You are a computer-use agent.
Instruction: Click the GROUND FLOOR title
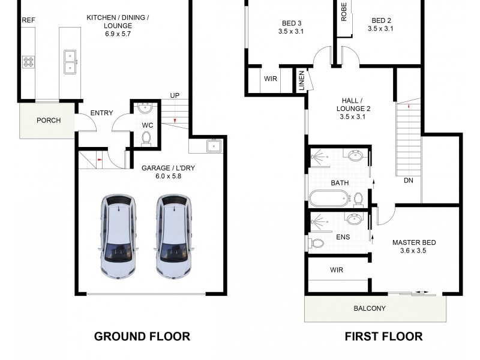[x=142, y=337]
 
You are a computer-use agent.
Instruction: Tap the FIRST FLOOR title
[x=383, y=337]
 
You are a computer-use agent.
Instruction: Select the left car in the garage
[x=118, y=236]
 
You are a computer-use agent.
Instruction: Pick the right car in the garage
[x=174, y=236]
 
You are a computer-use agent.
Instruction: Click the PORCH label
[x=49, y=121]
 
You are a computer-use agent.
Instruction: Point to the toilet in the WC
[x=146, y=139]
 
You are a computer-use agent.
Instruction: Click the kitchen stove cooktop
[x=28, y=62]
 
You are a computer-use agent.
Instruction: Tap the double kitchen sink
[x=70, y=62]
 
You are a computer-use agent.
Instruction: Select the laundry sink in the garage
[x=214, y=145]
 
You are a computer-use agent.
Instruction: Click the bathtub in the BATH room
[x=329, y=198]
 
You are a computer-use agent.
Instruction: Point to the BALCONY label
[x=370, y=308]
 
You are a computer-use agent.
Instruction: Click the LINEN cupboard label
[x=302, y=80]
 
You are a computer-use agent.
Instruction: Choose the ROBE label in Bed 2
[x=344, y=11]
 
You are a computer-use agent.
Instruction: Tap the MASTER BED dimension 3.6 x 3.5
[x=413, y=251]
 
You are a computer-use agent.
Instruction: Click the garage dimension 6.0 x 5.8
[x=168, y=176]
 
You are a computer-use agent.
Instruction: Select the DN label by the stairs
[x=409, y=181]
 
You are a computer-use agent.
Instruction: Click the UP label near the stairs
[x=175, y=95]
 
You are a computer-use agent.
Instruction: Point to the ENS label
[x=343, y=237]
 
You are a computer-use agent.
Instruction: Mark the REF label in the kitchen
[x=28, y=20]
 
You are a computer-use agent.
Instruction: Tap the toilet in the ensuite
[x=317, y=244]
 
